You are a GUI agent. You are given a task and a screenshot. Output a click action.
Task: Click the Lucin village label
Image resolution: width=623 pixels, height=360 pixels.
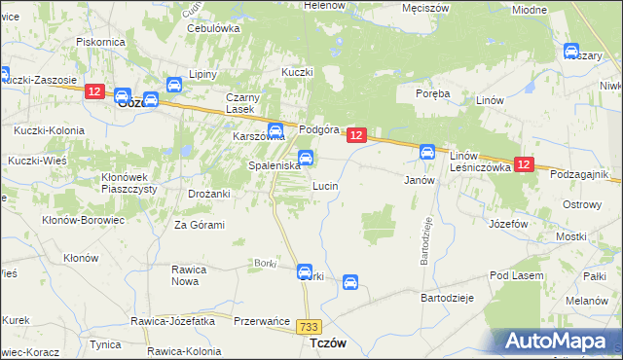pos(325,185)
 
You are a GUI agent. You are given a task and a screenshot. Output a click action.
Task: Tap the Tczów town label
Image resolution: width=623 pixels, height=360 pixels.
pos(328,343)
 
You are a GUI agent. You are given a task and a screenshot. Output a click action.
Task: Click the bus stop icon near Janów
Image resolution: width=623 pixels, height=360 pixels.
pos(426,152)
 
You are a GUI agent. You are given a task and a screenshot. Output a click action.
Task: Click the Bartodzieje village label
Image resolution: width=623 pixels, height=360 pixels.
pos(447,298)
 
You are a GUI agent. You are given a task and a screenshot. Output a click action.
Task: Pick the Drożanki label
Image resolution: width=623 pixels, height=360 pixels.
pos(208,194)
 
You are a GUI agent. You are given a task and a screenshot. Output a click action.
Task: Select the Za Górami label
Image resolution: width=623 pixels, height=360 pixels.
pos(200,225)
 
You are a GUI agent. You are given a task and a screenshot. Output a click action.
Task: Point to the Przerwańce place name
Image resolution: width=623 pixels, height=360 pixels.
pos(262,320)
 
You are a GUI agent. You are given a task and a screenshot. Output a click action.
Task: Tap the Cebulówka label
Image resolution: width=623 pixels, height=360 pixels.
pos(213,28)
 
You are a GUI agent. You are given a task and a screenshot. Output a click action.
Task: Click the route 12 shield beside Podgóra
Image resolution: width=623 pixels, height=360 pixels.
pos(356,136)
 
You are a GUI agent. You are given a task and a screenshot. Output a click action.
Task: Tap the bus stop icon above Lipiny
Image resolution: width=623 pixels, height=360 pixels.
pos(174,86)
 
